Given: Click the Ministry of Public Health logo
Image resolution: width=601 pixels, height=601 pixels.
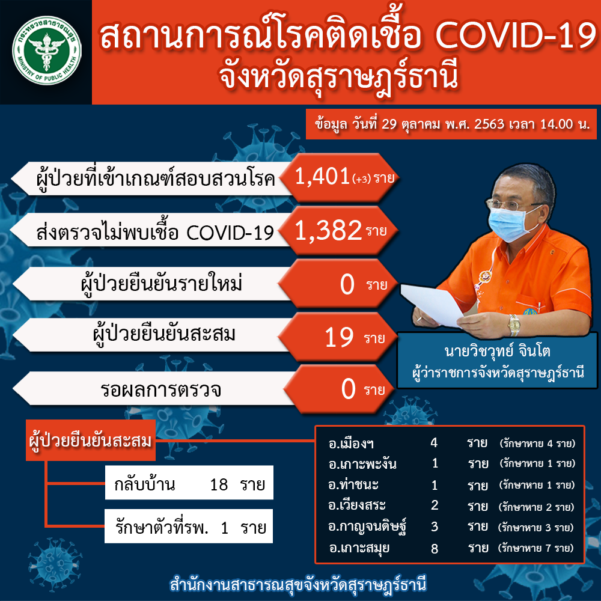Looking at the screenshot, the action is click(47, 50).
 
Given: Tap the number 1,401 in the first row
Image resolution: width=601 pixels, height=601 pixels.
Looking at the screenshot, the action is click(322, 177).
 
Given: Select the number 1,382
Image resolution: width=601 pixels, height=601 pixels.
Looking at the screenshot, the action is click(328, 231).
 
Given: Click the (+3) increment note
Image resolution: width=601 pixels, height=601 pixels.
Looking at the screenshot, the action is click(361, 179).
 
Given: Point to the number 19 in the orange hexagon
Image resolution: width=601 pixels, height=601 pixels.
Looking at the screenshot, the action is click(339, 338).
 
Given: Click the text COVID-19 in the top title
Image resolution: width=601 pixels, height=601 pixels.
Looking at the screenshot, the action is click(516, 37).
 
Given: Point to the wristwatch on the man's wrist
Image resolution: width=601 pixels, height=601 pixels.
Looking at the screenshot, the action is click(514, 325).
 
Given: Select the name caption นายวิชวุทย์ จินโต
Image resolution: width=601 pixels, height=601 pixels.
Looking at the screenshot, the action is click(497, 351).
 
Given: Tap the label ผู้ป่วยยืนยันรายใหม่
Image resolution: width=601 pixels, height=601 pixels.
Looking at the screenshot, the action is click(161, 284).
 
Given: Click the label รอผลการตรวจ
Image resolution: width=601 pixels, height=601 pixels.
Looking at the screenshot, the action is click(160, 390).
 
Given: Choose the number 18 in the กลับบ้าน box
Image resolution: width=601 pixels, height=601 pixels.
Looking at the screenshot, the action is click(219, 484).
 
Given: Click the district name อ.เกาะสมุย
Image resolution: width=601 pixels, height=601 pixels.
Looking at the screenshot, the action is click(359, 548).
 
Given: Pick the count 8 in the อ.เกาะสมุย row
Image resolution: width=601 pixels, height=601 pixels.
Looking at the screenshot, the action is click(435, 549).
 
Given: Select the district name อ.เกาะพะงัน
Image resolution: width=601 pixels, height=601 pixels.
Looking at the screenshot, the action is click(362, 464).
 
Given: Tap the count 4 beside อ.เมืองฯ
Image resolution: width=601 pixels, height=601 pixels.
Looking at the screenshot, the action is click(434, 443).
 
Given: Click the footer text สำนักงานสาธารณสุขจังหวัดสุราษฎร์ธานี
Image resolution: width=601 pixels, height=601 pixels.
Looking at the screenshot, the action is click(298, 585).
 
